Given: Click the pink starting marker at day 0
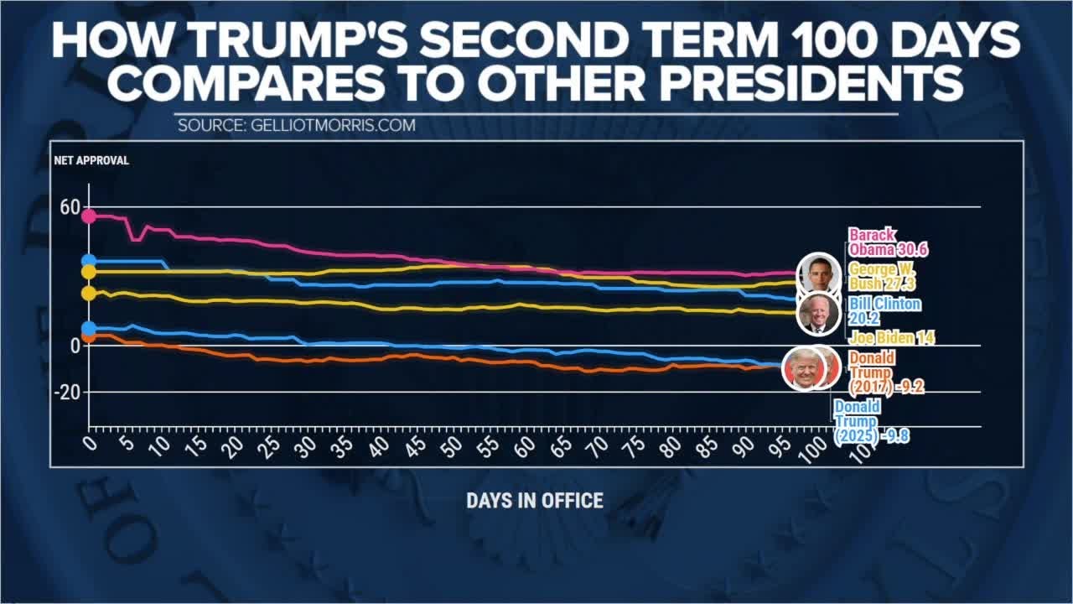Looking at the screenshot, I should (x=88, y=216).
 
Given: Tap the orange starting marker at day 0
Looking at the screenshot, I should (x=88, y=336).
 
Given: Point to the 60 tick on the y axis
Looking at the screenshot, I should (x=70, y=207).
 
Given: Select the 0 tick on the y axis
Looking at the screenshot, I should (x=75, y=346).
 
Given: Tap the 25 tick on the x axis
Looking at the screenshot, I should (x=271, y=445).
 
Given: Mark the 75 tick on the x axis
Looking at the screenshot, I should (x=635, y=445).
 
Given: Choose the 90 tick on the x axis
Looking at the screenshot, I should (x=744, y=445).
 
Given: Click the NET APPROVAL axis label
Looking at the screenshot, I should (x=91, y=160).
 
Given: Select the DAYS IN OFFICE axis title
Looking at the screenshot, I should (x=534, y=501).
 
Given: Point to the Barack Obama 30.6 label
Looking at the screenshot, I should (x=887, y=242).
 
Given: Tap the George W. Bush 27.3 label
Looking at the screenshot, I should (x=882, y=277).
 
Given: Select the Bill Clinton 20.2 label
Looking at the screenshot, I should (x=884, y=311).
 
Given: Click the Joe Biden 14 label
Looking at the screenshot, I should (x=891, y=338).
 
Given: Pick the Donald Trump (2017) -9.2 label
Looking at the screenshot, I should (x=884, y=372).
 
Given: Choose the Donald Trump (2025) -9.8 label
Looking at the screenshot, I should (x=870, y=421).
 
